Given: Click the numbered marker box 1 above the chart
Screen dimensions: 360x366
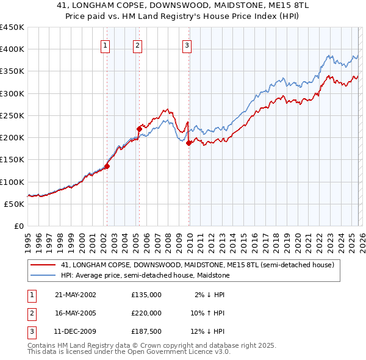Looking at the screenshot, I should (106, 45).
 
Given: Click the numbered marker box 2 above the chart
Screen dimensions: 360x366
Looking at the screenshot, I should (138, 45).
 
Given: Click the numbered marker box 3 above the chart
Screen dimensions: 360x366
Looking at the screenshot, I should (187, 45).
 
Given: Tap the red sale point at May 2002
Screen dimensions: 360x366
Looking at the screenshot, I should (107, 165).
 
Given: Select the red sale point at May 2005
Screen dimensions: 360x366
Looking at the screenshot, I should (139, 128).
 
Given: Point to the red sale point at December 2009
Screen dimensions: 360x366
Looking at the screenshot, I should (189, 143).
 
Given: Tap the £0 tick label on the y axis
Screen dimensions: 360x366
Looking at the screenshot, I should (18, 226).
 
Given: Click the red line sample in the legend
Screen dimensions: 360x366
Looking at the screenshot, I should (43, 265).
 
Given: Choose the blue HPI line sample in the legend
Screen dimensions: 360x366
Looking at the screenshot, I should (43, 276).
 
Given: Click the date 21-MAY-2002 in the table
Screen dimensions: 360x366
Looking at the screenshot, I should (76, 295).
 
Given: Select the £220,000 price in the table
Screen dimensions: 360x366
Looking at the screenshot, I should (146, 313).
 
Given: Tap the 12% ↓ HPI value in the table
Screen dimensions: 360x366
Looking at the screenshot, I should (207, 331).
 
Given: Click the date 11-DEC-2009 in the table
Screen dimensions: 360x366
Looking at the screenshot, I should (76, 331).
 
